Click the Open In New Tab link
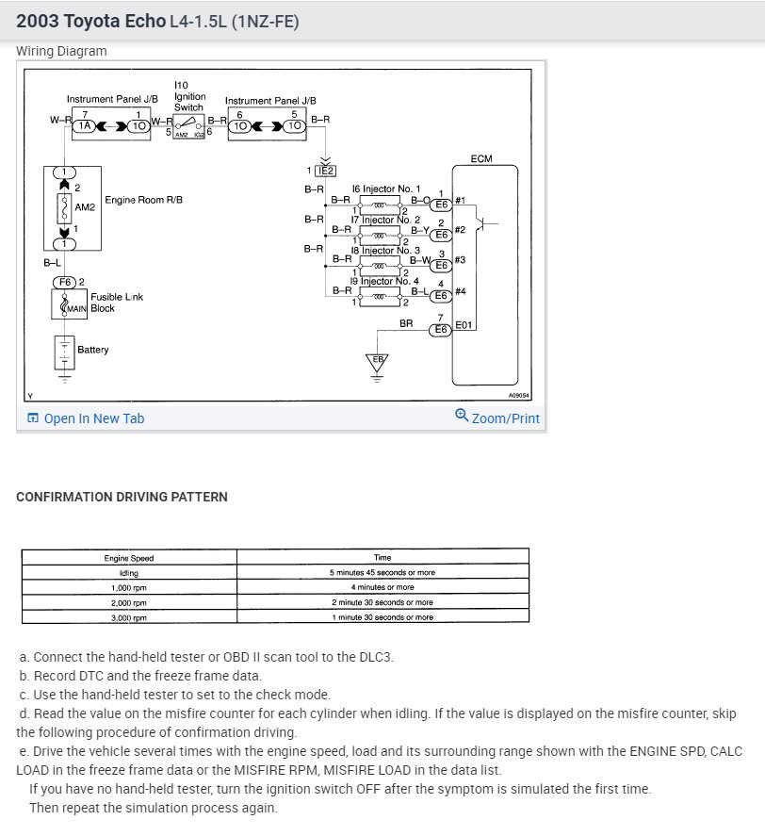93,418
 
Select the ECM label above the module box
480,158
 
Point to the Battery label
93,350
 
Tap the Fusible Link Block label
116,303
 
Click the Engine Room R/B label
143,200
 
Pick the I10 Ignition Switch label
188,97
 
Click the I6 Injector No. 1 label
386,189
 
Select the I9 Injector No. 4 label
384,281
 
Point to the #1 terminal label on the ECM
460,200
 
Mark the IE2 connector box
325,170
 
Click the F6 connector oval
64,282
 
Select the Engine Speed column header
129,558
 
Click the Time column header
382,558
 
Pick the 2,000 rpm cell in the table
129,602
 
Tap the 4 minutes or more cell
382,587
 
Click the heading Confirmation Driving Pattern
122,497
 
